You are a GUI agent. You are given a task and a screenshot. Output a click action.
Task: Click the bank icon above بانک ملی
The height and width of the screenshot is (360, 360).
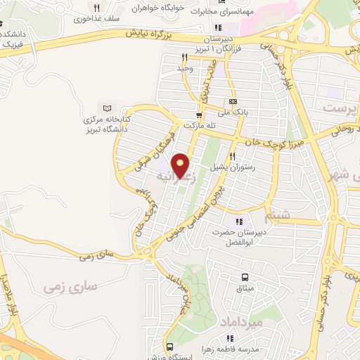(233, 101)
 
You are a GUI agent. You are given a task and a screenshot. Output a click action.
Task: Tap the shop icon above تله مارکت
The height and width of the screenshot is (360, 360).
(199, 115)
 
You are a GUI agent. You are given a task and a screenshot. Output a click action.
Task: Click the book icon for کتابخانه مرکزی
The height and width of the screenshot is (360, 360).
(107, 108)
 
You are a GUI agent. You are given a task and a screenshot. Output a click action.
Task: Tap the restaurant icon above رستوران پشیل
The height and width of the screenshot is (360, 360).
(232, 156)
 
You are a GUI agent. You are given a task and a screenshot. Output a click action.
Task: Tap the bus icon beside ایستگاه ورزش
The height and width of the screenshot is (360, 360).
(170, 347)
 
